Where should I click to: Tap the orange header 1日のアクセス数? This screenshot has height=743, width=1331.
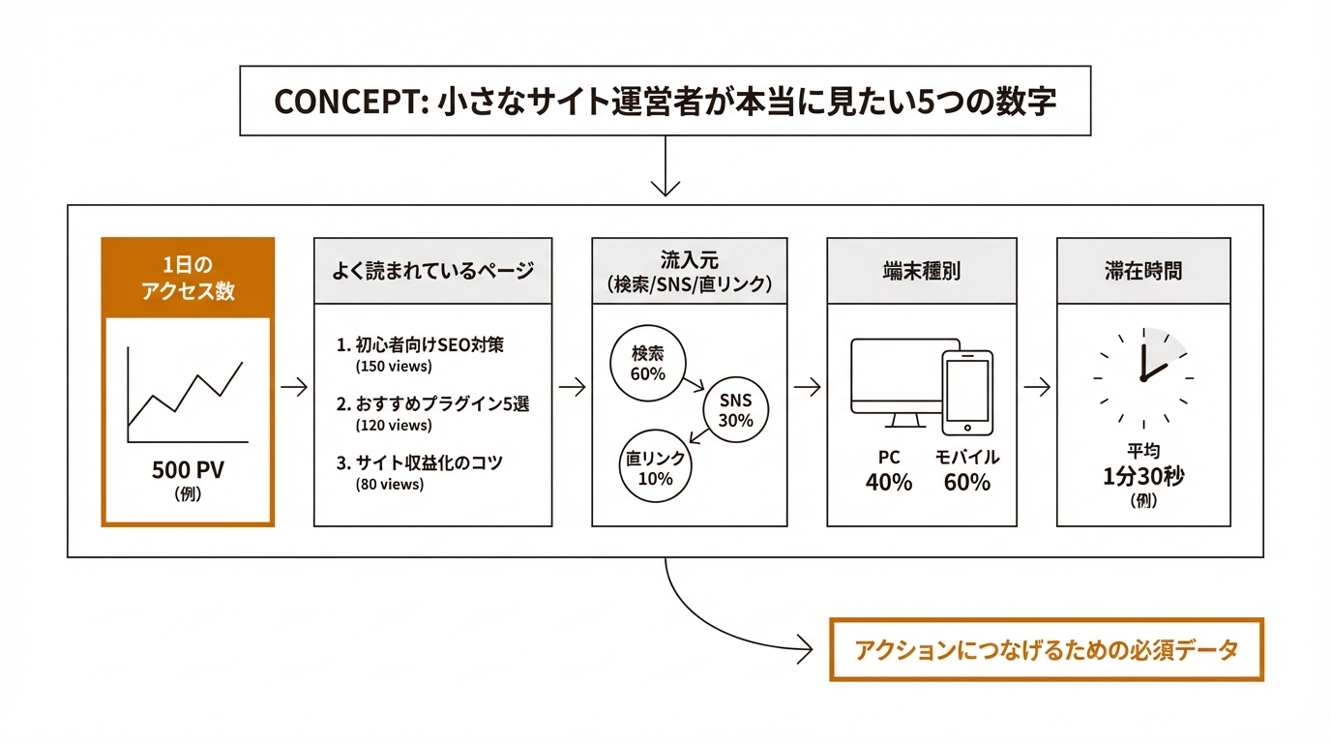click(x=188, y=278)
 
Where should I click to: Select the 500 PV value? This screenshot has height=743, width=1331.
click(x=188, y=470)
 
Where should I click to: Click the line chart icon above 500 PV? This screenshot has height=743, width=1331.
click(x=187, y=396)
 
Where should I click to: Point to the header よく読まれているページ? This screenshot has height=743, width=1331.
click(x=432, y=271)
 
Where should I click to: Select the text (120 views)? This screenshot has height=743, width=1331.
click(x=394, y=425)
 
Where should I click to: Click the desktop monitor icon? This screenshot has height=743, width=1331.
click(x=899, y=381)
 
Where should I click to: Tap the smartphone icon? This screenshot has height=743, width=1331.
click(x=966, y=392)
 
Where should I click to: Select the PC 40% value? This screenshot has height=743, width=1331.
click(x=888, y=471)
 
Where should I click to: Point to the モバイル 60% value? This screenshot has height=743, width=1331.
click(x=966, y=471)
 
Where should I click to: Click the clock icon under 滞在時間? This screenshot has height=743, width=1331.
click(x=1142, y=377)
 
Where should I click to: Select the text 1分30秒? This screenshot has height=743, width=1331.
click(x=1143, y=477)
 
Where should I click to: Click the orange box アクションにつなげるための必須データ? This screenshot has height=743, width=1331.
click(x=1047, y=650)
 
